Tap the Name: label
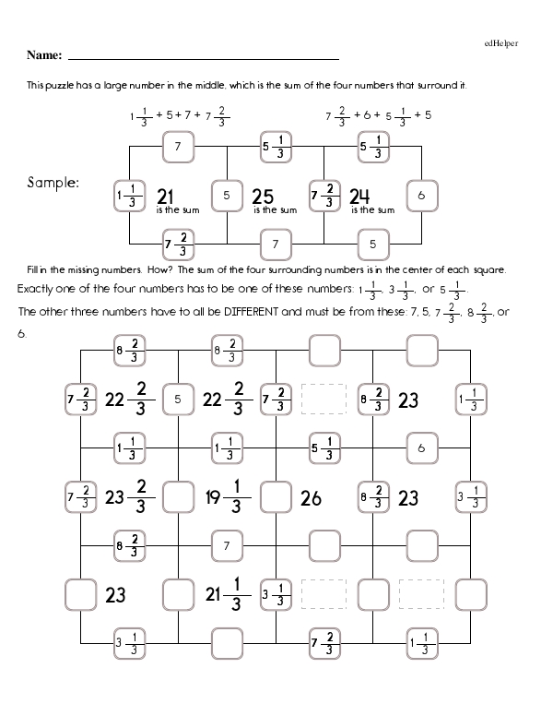tap(44, 56)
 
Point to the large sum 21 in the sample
tap(167, 196)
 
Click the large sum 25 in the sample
tap(263, 196)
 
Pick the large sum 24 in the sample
tap(359, 196)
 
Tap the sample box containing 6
tap(420, 196)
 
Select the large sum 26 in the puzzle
tap(312, 498)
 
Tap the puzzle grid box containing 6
tap(420, 448)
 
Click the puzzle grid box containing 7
tap(226, 545)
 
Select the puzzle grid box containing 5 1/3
tap(324, 448)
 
